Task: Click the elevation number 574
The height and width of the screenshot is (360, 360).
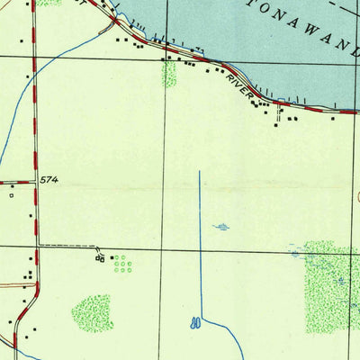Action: (49, 181)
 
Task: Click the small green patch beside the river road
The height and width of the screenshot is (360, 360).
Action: (169, 74)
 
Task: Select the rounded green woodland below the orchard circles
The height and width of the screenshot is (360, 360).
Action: (93, 312)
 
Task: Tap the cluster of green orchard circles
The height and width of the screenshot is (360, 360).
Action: (121, 264)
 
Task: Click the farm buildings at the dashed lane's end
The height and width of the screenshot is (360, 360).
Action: (100, 258)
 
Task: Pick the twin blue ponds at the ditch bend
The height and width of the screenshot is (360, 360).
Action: (195, 321)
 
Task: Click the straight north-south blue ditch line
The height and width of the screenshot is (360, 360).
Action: (200, 243)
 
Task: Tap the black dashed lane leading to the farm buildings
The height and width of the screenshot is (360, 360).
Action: (67, 246)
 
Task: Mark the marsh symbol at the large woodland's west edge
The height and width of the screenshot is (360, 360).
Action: (295, 253)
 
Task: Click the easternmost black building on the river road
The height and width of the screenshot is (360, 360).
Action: (334, 117)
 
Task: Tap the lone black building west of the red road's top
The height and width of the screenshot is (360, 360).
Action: (28, 77)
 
